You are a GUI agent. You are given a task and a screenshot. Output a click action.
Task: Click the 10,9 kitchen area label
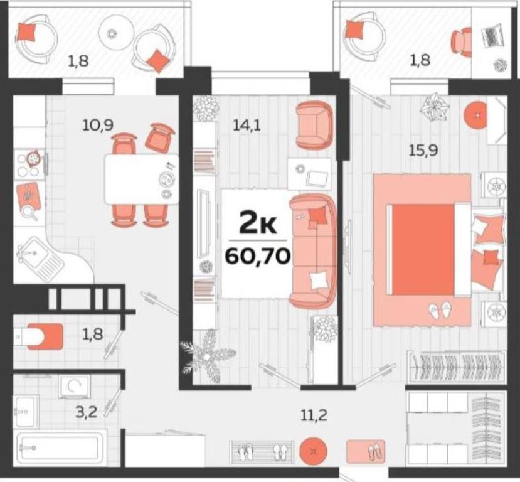(x=98, y=125)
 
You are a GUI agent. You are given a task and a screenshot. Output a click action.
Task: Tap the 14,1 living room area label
(x=247, y=126)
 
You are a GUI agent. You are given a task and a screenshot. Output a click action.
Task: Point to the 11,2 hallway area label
(x=314, y=415)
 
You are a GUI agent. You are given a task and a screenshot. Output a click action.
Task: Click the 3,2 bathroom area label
(x=86, y=413)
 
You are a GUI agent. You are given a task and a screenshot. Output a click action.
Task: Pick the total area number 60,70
(x=258, y=255)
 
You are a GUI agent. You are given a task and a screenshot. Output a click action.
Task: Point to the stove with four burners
(x=30, y=165)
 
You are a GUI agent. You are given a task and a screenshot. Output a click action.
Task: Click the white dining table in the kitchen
(x=142, y=179)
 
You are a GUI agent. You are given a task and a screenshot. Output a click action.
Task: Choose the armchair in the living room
(x=314, y=125)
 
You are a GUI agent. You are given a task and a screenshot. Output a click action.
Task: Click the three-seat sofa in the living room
(x=312, y=251)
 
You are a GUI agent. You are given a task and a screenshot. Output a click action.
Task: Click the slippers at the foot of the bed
(x=440, y=311)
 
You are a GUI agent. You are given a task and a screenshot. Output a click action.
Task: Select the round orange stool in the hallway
(x=313, y=451)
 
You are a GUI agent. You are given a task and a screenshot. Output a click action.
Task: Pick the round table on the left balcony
(x=113, y=33)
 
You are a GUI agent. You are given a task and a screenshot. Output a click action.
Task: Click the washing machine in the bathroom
(x=74, y=387)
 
